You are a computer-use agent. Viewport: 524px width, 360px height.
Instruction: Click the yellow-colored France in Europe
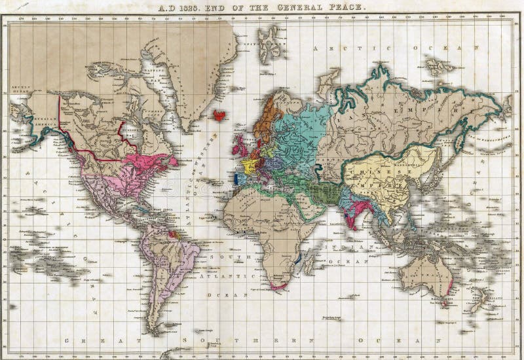tap(248, 164)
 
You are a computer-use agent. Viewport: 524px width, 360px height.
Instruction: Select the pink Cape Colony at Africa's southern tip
tap(281, 285)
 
